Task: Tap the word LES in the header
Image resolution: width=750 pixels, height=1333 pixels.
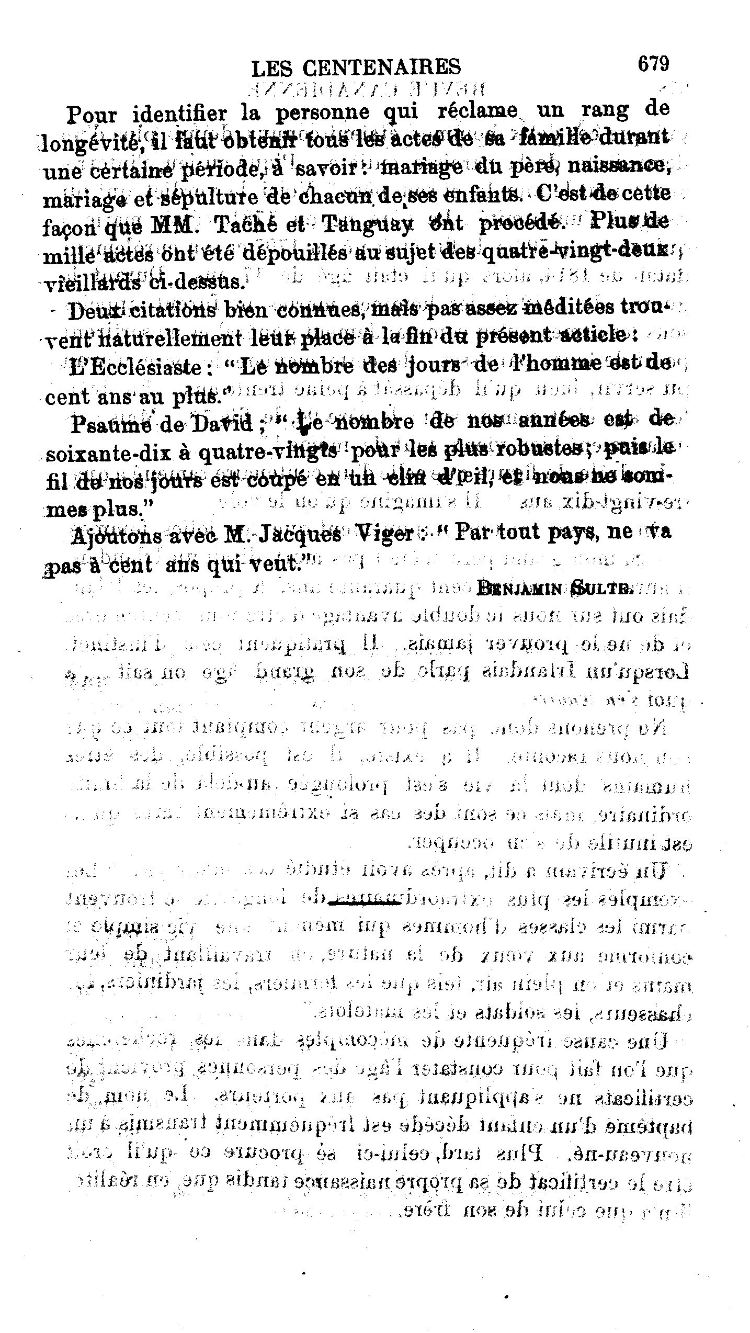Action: coord(270,68)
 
